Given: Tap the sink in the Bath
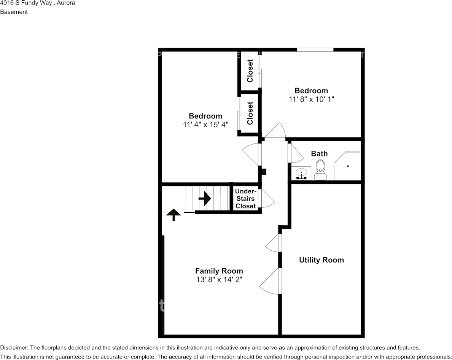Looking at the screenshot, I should [302, 174].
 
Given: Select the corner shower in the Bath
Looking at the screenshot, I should [347, 167].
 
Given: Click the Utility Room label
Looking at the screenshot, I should [321, 260].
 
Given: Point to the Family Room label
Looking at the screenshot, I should [219, 271].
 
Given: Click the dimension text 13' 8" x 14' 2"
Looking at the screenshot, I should [219, 280].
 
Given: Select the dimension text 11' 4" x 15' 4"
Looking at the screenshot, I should [205, 124].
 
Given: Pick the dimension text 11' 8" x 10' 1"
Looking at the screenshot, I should [311, 99].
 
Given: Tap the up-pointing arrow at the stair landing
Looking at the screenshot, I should [174, 215].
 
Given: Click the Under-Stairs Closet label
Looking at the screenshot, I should [245, 199].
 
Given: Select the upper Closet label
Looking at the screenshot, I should [250, 71].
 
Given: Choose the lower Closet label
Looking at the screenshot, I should [250, 113].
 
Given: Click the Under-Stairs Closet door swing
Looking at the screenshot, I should [266, 199].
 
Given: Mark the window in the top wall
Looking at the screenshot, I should [315, 49].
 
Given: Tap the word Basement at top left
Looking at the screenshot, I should [14, 12].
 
